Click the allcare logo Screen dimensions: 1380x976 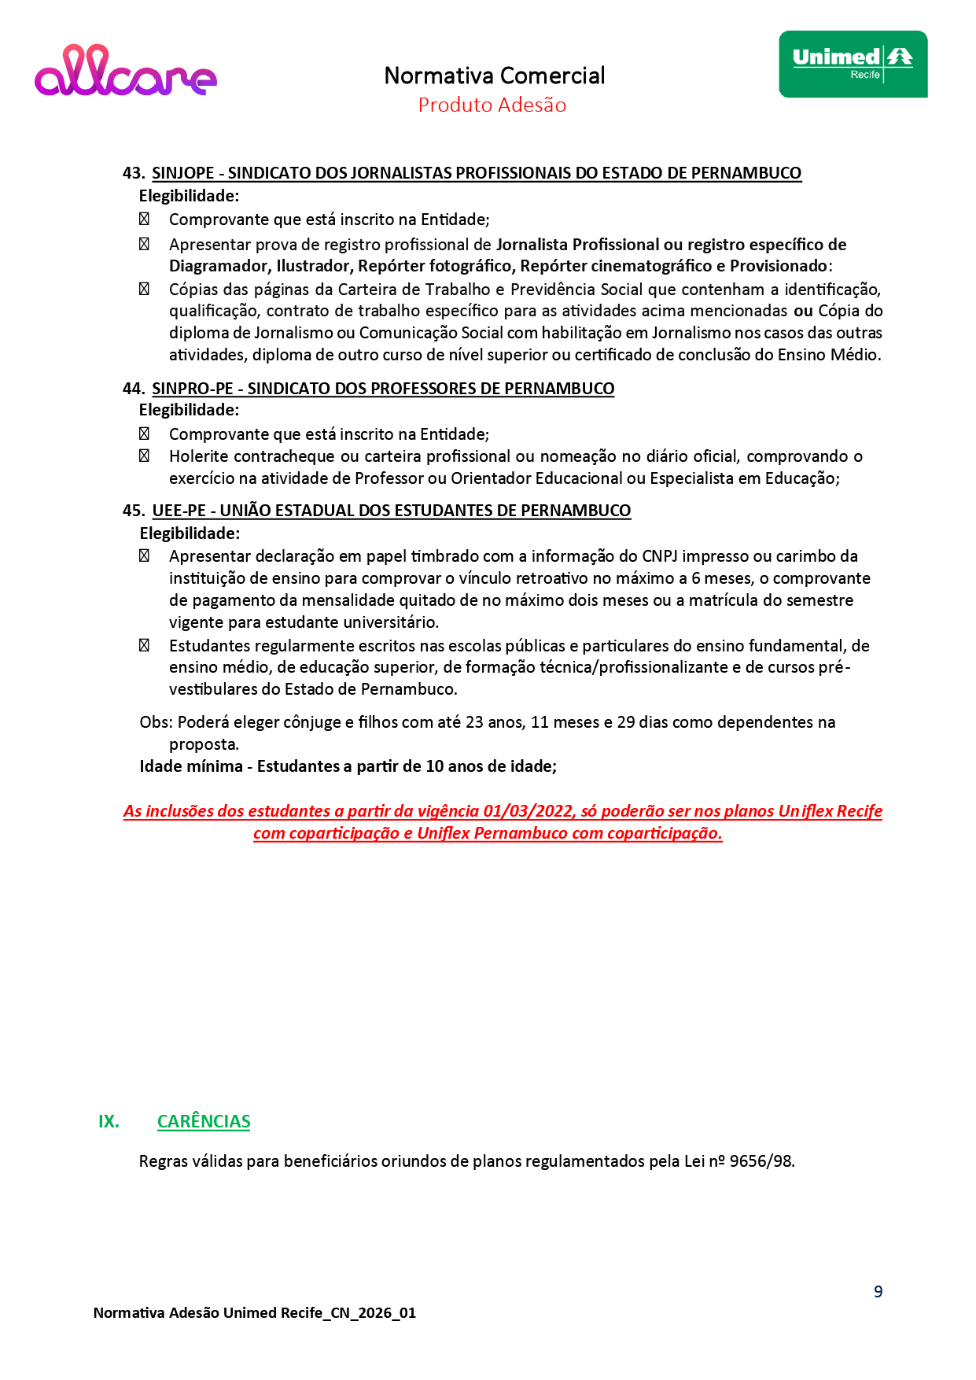click(126, 72)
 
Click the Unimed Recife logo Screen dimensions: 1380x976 click(853, 65)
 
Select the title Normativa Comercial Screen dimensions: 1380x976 click(494, 76)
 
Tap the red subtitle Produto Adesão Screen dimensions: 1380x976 click(492, 105)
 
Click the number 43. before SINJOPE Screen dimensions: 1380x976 click(133, 173)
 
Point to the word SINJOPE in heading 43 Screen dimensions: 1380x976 click(182, 173)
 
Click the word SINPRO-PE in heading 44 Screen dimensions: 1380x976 click(192, 389)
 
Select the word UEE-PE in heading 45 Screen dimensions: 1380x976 click(179, 511)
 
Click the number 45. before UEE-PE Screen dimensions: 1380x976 click(133, 511)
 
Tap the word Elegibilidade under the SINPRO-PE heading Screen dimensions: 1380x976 click(189, 410)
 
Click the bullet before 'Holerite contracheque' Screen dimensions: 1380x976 click(144, 456)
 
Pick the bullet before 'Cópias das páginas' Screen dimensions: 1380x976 click(144, 289)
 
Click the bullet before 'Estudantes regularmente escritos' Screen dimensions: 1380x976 click(144, 645)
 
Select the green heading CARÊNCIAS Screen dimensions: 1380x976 click(204, 1122)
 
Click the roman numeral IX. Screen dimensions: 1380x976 click(109, 1122)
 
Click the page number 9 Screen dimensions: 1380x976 click(878, 1292)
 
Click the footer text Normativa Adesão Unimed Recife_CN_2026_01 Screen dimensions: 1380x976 click(254, 1313)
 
